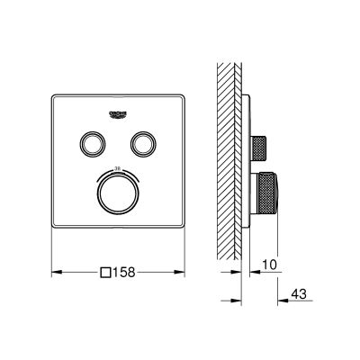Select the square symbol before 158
(105, 272)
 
